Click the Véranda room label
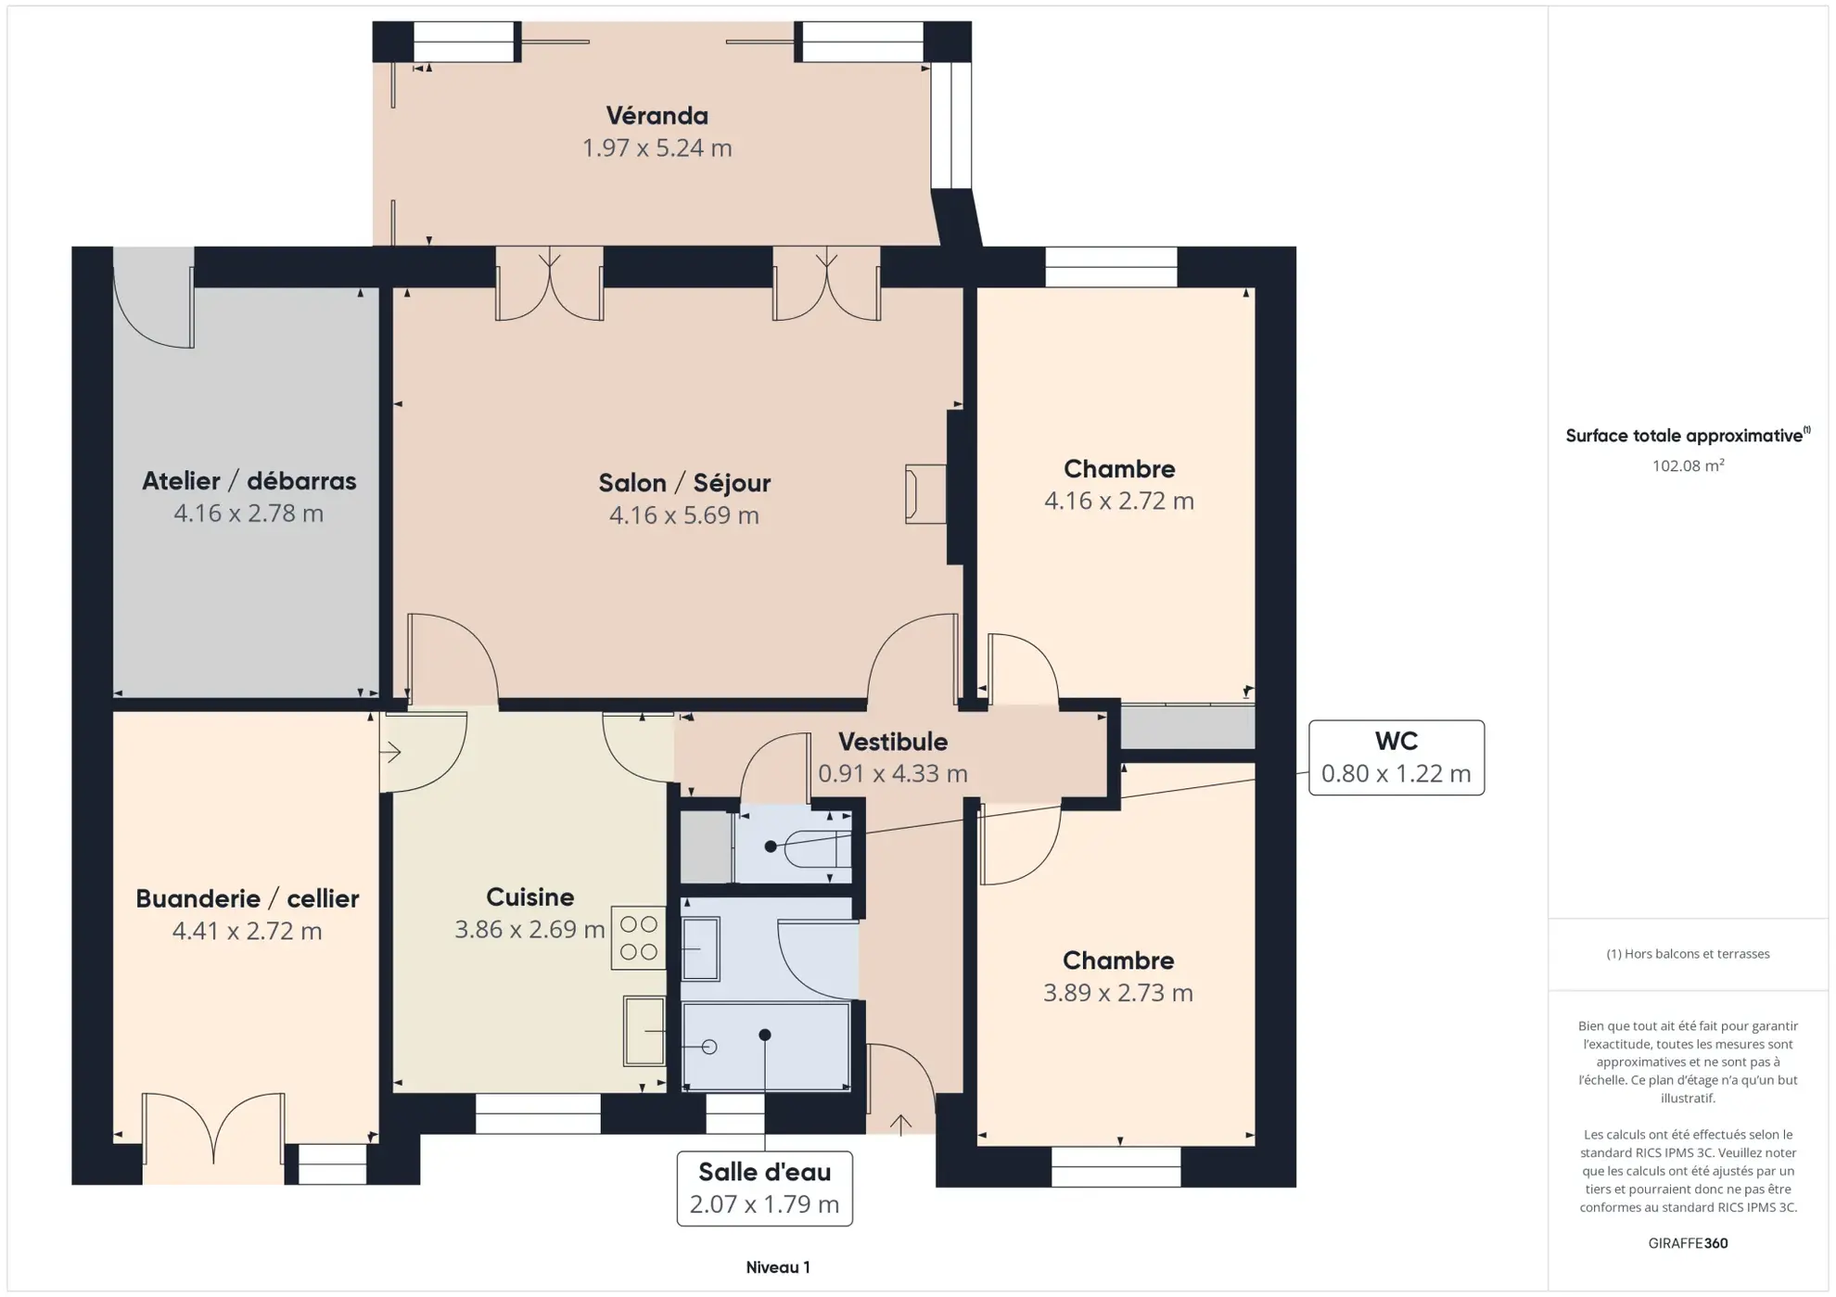click(657, 116)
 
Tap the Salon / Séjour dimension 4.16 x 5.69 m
click(683, 515)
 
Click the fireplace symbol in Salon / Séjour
click(924, 494)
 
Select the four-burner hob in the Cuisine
click(638, 937)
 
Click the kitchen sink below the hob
click(644, 1031)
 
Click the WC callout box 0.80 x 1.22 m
click(1395, 757)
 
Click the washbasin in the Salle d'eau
click(701, 948)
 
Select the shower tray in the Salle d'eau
click(766, 1046)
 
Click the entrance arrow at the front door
click(900, 1124)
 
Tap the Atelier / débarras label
click(249, 481)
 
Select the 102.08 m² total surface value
click(1687, 465)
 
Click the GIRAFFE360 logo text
click(1687, 1242)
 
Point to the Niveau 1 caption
click(777, 1266)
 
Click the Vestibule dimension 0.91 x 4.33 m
click(892, 773)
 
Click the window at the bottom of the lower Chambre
click(1116, 1166)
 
